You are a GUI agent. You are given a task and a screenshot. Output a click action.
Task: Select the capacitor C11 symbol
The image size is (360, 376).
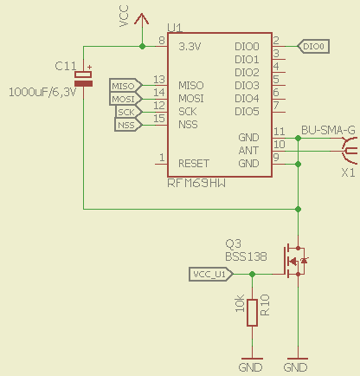coord(83,79)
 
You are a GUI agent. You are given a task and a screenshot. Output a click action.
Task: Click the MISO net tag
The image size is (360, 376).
coord(124,85)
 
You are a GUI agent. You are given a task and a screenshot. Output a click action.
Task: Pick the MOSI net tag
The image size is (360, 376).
coord(124,99)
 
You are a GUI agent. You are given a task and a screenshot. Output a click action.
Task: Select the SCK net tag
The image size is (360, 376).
coord(126,112)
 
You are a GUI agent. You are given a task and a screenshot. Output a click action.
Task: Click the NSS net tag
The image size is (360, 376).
coord(126,125)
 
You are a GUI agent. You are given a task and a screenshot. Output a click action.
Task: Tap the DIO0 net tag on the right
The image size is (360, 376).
coord(313,46)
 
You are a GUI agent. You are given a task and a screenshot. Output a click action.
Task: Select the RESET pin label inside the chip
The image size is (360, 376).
coord(194,163)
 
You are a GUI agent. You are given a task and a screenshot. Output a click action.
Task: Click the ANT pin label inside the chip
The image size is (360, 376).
coord(247,151)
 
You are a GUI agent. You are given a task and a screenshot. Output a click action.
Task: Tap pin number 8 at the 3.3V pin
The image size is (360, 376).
coord(161,41)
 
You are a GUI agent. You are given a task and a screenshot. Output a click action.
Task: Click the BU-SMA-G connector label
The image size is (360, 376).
coord(327,131)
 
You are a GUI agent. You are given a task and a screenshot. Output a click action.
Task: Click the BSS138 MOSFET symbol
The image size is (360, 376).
coord(293,259)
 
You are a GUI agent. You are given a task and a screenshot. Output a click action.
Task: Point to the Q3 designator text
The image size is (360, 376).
coord(233,243)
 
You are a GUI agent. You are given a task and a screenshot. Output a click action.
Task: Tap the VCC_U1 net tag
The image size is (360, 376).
coord(209,275)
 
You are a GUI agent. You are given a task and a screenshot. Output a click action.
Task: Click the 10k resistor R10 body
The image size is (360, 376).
coord(252,313)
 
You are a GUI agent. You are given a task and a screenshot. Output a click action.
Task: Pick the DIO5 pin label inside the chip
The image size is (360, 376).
coord(247,111)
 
